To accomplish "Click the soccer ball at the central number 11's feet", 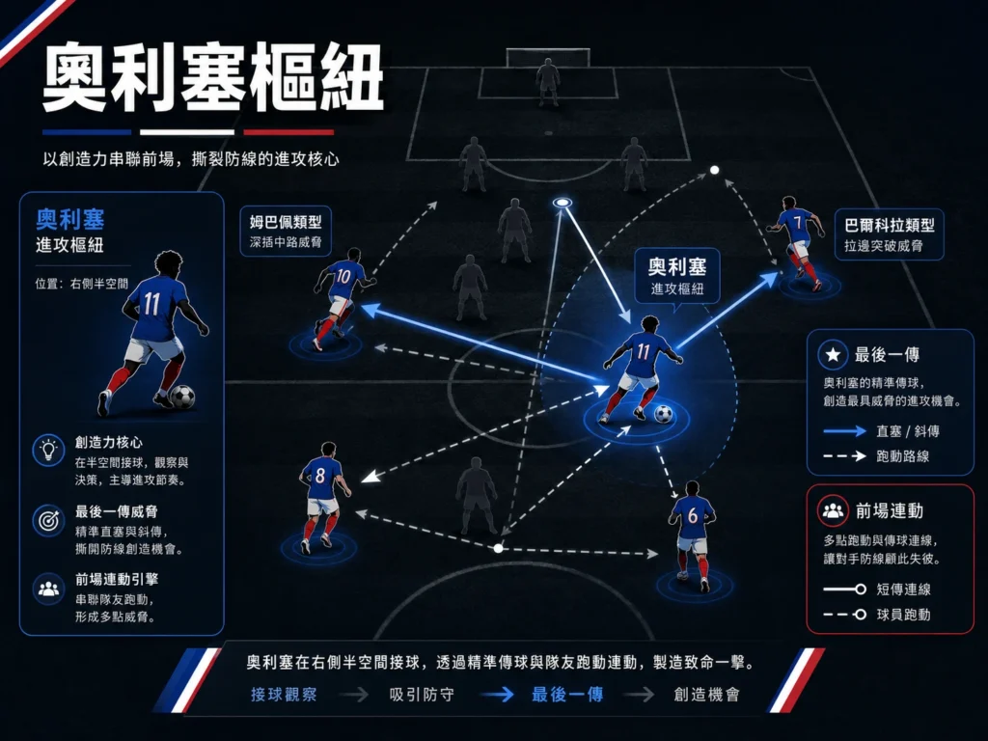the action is pyautogui.click(x=664, y=414).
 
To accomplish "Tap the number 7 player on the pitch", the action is pyautogui.click(x=797, y=242).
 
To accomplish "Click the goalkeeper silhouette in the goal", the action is pyautogui.click(x=548, y=82).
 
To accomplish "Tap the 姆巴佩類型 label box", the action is pyautogui.click(x=286, y=232).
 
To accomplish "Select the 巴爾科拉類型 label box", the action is pyautogui.click(x=889, y=234).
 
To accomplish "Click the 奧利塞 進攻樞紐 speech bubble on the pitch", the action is pyautogui.click(x=676, y=277).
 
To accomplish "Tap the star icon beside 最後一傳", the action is pyautogui.click(x=833, y=355).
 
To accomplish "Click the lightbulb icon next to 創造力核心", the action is pyautogui.click(x=48, y=450).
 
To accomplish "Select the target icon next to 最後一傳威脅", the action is pyautogui.click(x=48, y=520).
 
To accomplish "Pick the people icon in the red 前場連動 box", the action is pyautogui.click(x=833, y=510).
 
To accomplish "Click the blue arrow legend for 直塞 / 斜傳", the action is pyautogui.click(x=845, y=431).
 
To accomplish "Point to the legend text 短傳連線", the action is pyautogui.click(x=903, y=590).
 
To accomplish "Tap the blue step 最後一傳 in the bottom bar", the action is pyautogui.click(x=567, y=695).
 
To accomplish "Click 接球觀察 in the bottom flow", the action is pyautogui.click(x=284, y=695).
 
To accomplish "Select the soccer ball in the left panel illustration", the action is pyautogui.click(x=182, y=397).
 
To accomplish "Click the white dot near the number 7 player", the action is pyautogui.click(x=714, y=170).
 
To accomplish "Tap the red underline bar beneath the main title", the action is pyautogui.click(x=288, y=132).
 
